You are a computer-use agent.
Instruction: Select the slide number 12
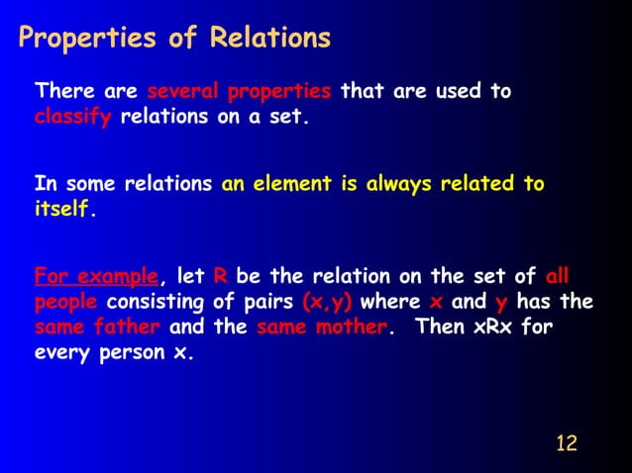point(566,441)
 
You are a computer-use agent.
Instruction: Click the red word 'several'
point(183,92)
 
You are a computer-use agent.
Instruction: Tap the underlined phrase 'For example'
point(95,275)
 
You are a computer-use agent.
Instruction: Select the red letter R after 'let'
point(220,275)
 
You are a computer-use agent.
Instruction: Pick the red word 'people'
point(66,302)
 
